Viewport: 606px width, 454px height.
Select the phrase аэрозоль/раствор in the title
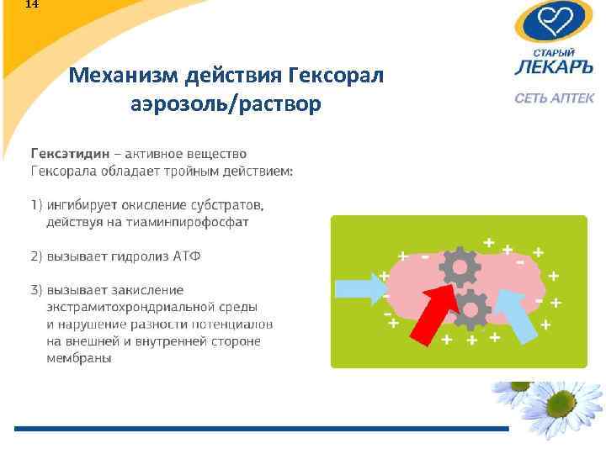coord(226,105)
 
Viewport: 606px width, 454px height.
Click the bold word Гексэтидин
coord(70,154)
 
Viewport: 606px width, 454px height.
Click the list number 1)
coord(37,205)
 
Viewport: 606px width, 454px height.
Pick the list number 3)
coord(37,290)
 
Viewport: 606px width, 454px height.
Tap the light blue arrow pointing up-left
coord(514,313)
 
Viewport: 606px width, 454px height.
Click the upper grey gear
coord(460,267)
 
